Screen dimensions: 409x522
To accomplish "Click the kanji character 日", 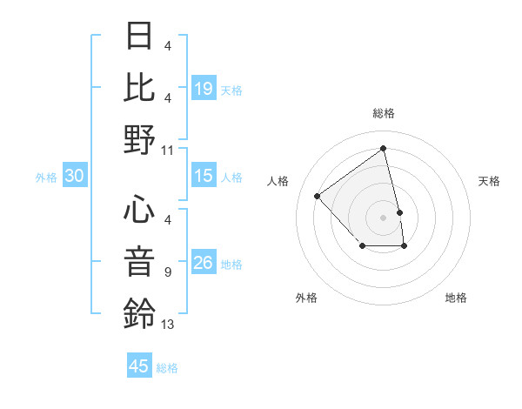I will pyautogui.click(x=139, y=37).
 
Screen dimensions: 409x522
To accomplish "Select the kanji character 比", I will pyautogui.click(x=139, y=88).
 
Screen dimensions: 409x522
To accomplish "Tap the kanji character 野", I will pyautogui.click(x=139, y=139).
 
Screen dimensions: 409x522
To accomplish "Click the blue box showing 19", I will pyautogui.click(x=204, y=88).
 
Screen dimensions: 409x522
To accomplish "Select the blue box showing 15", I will pyautogui.click(x=204, y=176).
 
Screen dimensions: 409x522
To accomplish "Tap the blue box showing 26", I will pyautogui.click(x=204, y=263).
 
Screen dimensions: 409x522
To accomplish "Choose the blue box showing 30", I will pyautogui.click(x=74, y=176).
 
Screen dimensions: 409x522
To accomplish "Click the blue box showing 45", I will pyautogui.click(x=139, y=366).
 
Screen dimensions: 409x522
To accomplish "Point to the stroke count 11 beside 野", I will pyautogui.click(x=168, y=151).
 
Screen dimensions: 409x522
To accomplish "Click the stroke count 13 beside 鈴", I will pyautogui.click(x=168, y=325).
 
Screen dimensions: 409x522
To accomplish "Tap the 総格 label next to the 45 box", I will pyautogui.click(x=167, y=368).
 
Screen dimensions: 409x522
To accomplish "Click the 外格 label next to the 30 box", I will pyautogui.click(x=46, y=178).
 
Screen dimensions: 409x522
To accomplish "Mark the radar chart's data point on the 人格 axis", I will pyautogui.click(x=318, y=197).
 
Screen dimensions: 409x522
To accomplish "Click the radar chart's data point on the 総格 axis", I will pyautogui.click(x=384, y=148).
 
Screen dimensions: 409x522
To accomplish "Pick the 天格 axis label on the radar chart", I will pyautogui.click(x=489, y=181).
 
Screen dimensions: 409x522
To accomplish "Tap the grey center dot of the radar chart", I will pyautogui.click(x=384, y=217).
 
